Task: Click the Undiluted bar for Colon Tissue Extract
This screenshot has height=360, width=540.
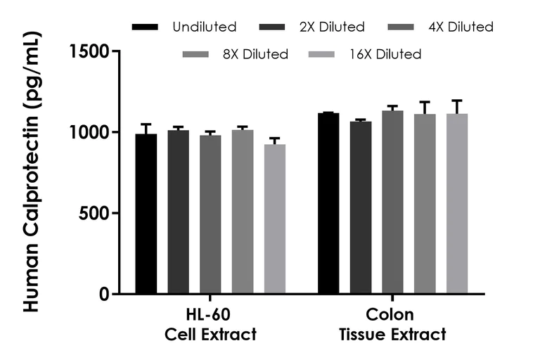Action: tap(328, 204)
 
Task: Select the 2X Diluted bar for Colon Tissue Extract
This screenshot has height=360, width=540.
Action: tap(361, 207)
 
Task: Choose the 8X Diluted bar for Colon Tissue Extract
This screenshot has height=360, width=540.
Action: tap(425, 204)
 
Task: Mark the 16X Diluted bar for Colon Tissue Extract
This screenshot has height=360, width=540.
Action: tap(457, 204)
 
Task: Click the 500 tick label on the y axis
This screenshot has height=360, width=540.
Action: tap(91, 213)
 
